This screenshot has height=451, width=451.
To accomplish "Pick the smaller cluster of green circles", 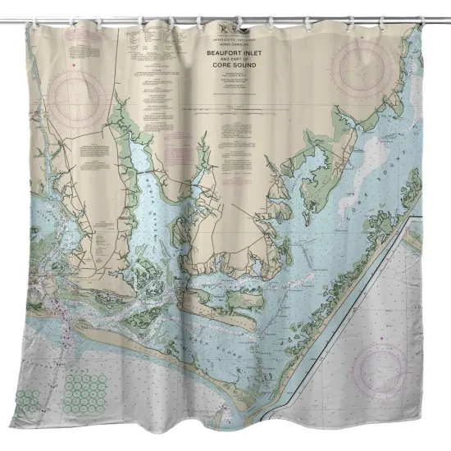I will click(29, 401).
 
